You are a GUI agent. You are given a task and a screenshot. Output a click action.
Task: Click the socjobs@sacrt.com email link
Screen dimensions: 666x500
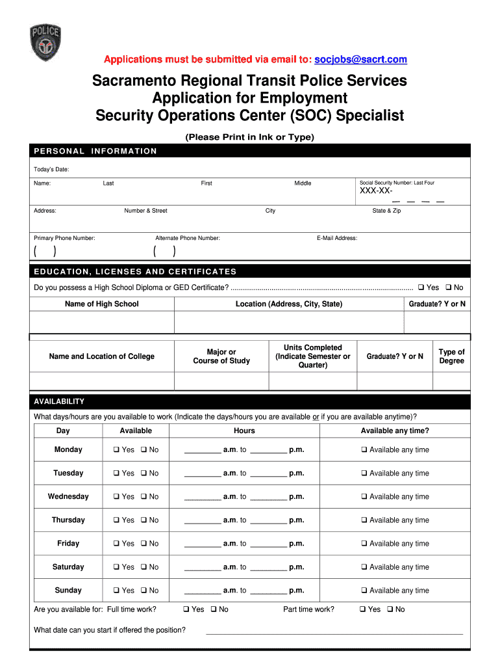click(x=360, y=60)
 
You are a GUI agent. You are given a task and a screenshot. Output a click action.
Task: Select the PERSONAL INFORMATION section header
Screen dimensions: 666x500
click(x=95, y=151)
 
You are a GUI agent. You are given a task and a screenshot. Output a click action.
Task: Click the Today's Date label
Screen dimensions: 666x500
click(x=51, y=169)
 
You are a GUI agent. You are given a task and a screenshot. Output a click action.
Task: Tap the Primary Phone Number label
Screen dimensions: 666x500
click(x=64, y=238)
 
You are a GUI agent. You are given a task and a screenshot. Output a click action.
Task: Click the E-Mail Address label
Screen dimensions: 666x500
click(x=337, y=238)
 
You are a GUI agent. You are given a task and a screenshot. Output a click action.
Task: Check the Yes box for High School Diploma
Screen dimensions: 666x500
click(x=421, y=287)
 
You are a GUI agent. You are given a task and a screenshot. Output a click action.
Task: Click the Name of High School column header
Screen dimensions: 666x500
click(x=102, y=304)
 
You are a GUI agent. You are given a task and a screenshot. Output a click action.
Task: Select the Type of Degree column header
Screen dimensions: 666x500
click(x=451, y=356)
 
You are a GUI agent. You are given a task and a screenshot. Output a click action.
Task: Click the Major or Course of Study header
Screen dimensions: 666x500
click(x=221, y=356)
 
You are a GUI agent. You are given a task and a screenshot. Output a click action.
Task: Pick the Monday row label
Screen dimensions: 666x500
click(x=68, y=449)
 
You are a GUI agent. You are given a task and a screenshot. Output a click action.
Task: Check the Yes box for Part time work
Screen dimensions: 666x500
click(x=362, y=609)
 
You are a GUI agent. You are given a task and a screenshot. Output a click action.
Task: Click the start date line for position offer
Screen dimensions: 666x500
click(x=334, y=631)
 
